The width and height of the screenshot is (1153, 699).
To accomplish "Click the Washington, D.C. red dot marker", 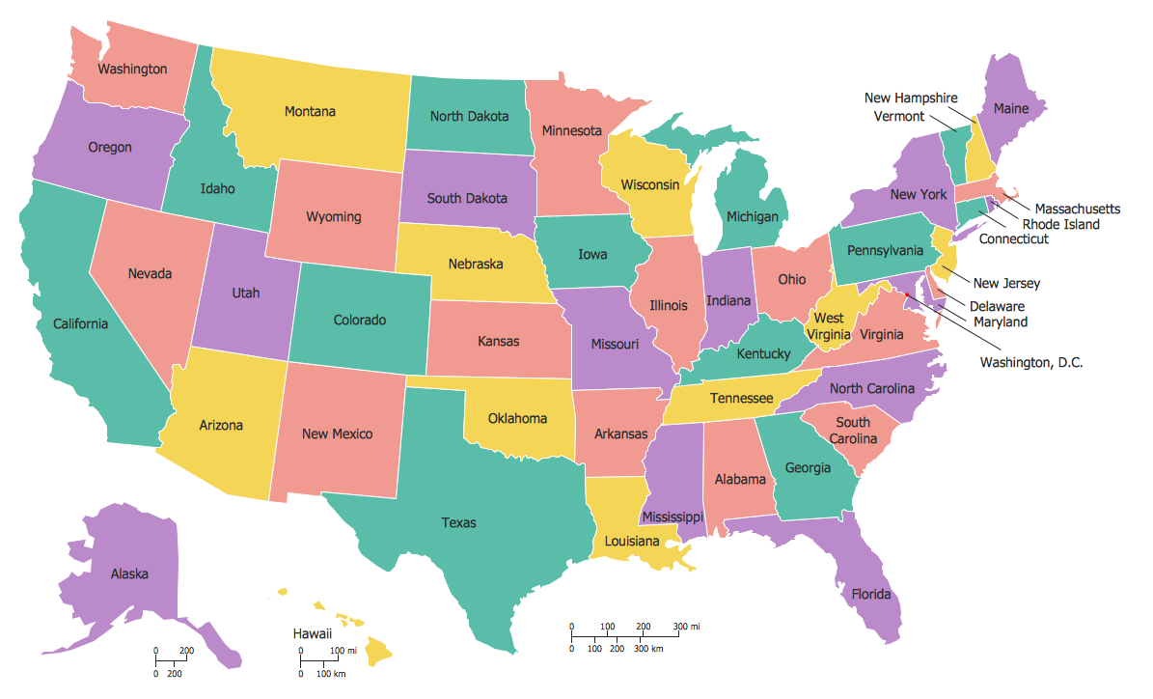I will (x=908, y=295).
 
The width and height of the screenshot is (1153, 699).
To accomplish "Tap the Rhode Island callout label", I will (x=1060, y=224).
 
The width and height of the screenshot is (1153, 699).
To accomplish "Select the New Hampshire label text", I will (x=910, y=98).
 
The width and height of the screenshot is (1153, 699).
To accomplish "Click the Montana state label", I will (x=310, y=112).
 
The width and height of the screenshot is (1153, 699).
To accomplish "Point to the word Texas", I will (x=458, y=522).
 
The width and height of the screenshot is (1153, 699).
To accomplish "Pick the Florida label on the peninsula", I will (x=870, y=594).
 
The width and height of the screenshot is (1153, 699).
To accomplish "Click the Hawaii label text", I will (x=313, y=634).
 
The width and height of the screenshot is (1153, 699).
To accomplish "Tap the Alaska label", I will (x=129, y=573).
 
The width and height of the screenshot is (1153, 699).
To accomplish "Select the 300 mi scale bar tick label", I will (x=686, y=627).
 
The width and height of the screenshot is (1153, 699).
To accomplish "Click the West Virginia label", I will (x=829, y=326).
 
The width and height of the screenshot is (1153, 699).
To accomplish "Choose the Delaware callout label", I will (x=998, y=307).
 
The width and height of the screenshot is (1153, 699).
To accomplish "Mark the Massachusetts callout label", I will (x=1077, y=209).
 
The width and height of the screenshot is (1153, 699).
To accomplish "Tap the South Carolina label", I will (x=852, y=431).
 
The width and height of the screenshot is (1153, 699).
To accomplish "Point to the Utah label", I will (x=245, y=294).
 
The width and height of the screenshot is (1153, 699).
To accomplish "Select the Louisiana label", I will (x=632, y=541).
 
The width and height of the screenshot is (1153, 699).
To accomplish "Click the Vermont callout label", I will (x=898, y=116).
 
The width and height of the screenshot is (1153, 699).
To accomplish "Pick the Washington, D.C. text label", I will (x=1031, y=363).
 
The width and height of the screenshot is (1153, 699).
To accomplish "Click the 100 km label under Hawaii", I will (x=331, y=673).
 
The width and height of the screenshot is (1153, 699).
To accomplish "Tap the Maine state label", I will (x=1011, y=109).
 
